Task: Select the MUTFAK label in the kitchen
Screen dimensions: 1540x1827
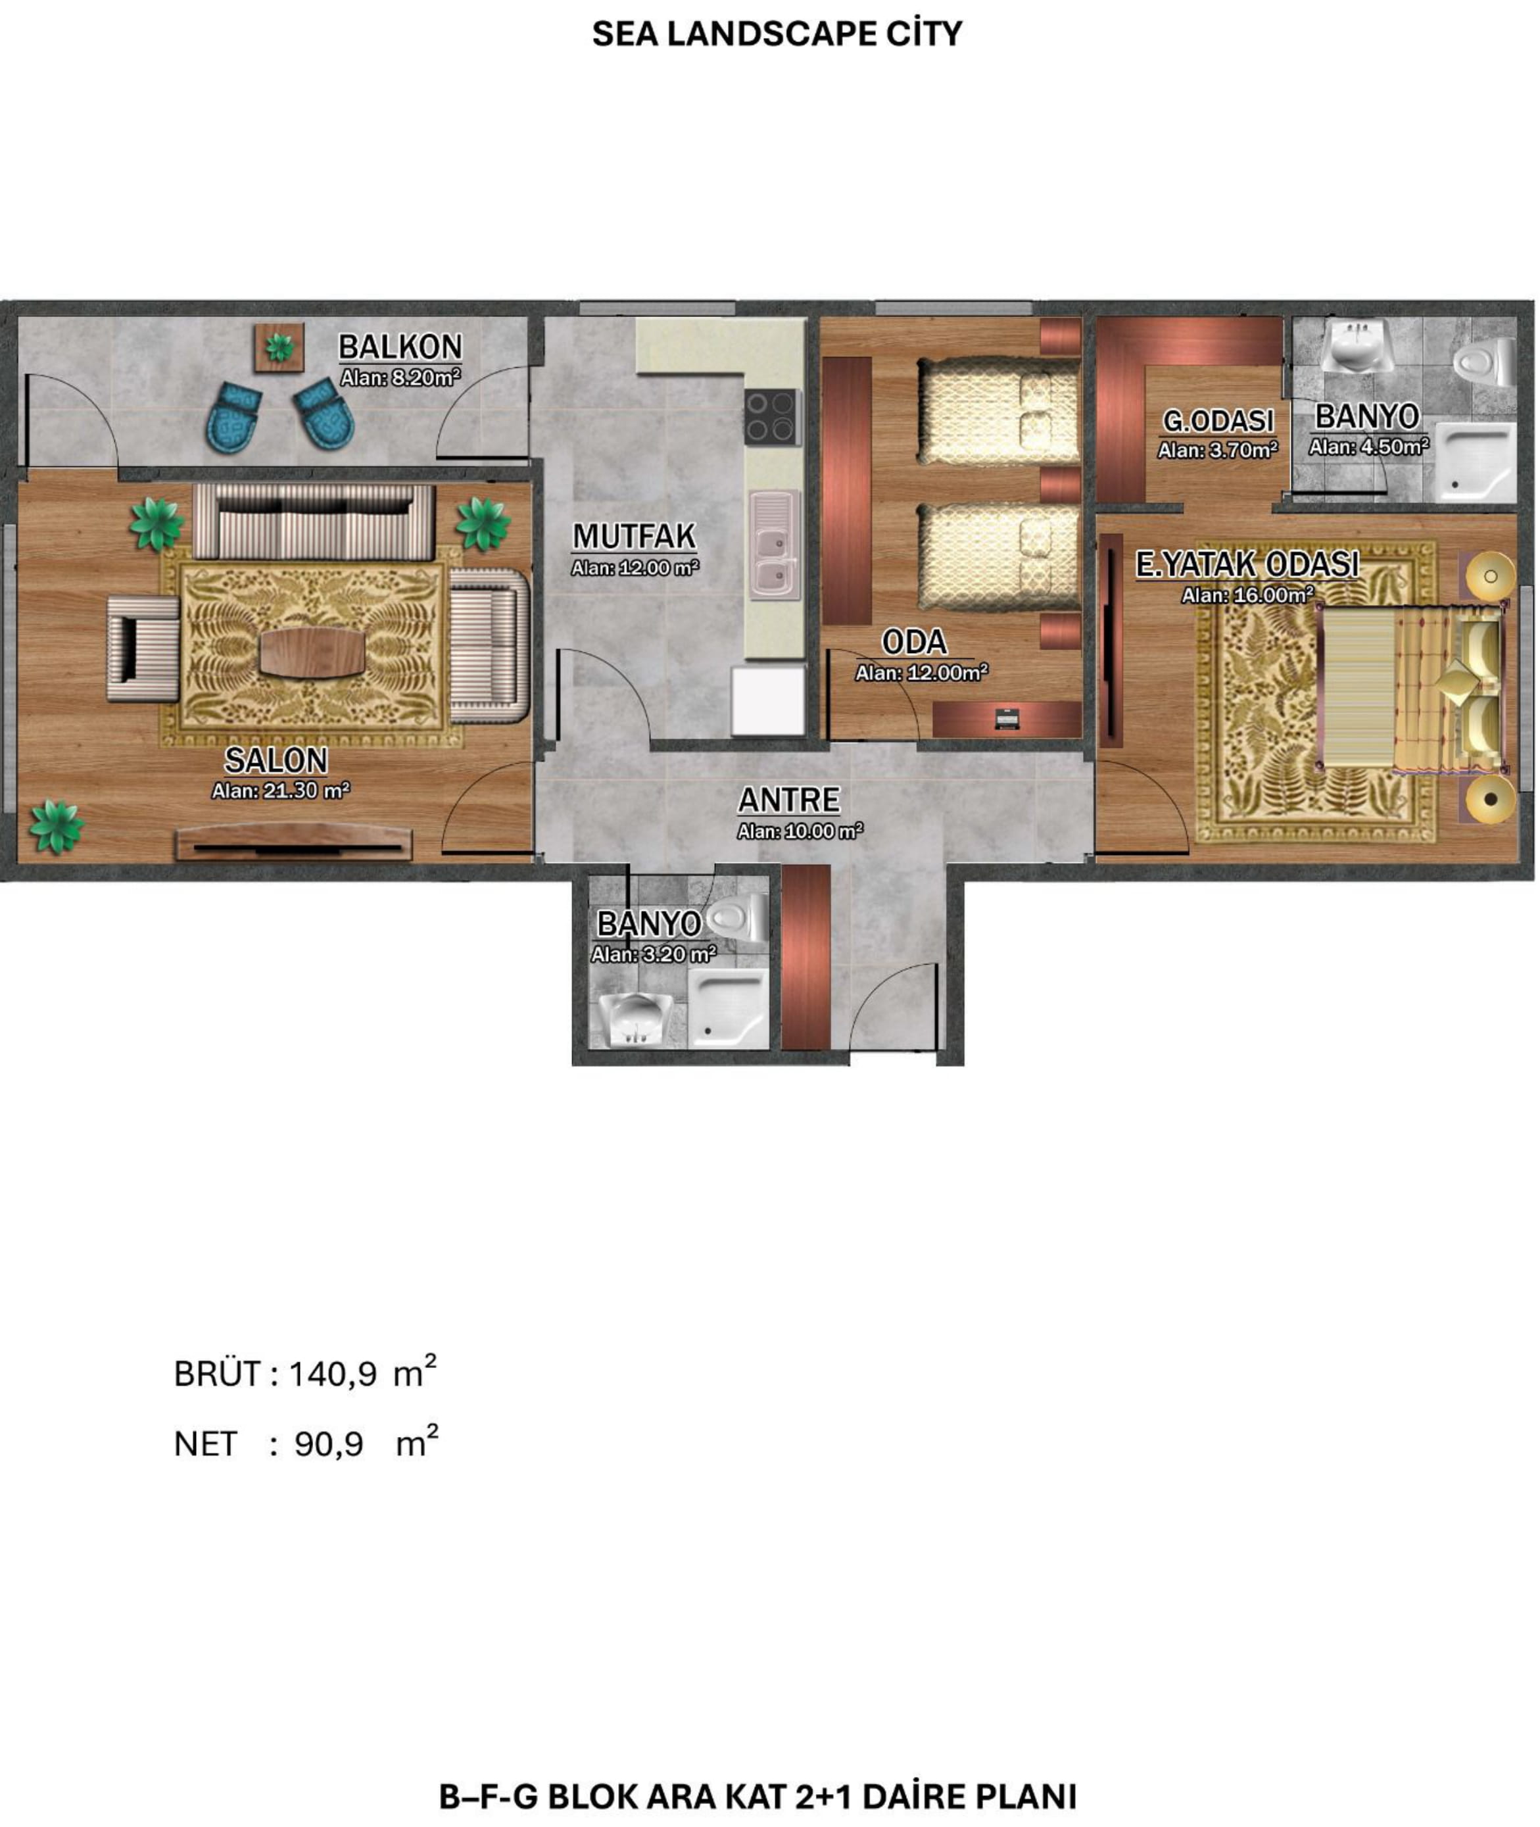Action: click(635, 536)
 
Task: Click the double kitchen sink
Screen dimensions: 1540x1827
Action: click(775, 545)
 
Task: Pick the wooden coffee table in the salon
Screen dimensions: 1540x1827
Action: click(312, 652)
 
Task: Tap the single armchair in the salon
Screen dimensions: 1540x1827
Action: click(144, 649)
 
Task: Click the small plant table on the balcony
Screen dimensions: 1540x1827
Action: click(279, 348)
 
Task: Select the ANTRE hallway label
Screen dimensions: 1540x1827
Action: click(789, 800)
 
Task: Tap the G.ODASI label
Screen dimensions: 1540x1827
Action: click(1218, 421)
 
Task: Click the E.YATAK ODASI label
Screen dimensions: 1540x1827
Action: click(1247, 565)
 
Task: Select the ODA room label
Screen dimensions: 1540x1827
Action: click(915, 642)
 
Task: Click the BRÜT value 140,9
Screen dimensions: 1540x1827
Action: click(333, 1375)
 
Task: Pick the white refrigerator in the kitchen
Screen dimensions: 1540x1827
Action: click(768, 700)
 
